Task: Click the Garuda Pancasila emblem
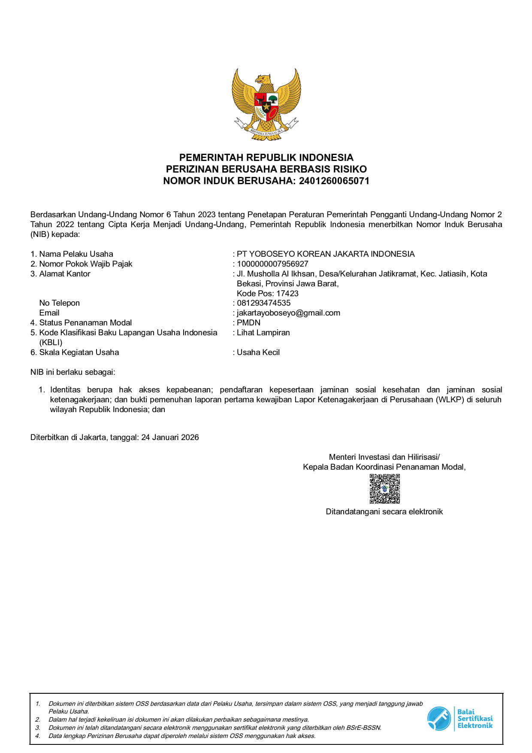[x=266, y=104]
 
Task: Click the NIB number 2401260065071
[x=334, y=181]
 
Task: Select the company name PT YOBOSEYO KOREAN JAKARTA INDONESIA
[x=326, y=254]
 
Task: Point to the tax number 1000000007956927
[x=272, y=264]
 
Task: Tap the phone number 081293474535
[x=263, y=303]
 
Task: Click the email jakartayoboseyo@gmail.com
[x=288, y=313]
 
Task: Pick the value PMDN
[x=248, y=323]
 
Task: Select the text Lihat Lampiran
[x=263, y=333]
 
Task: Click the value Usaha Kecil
[x=258, y=352]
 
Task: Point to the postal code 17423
[x=287, y=294]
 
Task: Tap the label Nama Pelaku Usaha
[x=76, y=254]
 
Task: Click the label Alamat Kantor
[x=65, y=274]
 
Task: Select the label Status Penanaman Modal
[x=85, y=323]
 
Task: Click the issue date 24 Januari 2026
[x=170, y=437]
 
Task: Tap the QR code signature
[x=385, y=489]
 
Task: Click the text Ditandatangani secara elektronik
[x=384, y=512]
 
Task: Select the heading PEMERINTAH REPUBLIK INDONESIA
[x=266, y=158]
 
